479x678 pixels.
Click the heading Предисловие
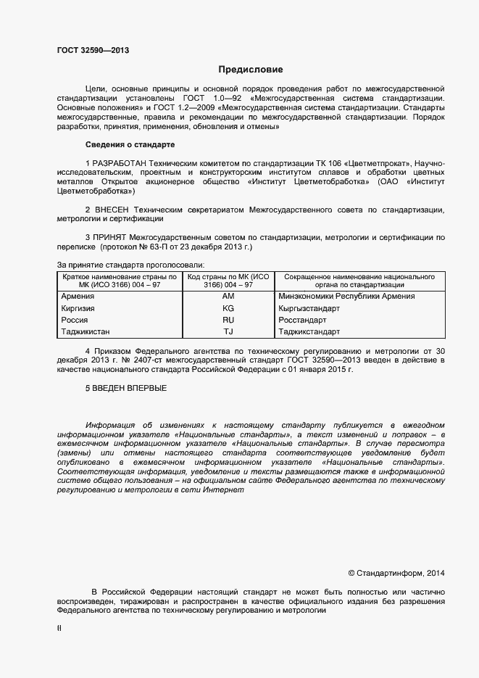point(251,70)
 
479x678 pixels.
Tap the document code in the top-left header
point(93,51)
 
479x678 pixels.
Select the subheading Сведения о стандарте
point(130,144)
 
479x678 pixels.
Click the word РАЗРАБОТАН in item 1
point(119,164)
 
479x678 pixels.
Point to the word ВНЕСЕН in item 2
point(116,209)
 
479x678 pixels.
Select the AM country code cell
point(228,297)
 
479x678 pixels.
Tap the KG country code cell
point(228,308)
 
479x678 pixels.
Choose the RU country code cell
point(228,320)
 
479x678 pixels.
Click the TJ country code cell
point(228,331)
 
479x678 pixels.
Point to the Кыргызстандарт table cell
point(309,308)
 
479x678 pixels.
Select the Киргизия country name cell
point(80,308)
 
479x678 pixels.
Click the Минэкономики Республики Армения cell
point(346,297)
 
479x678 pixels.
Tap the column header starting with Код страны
point(228,281)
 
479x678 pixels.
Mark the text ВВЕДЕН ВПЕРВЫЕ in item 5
point(129,389)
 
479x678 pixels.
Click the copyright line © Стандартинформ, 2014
point(396,573)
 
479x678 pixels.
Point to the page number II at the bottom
point(59,629)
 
